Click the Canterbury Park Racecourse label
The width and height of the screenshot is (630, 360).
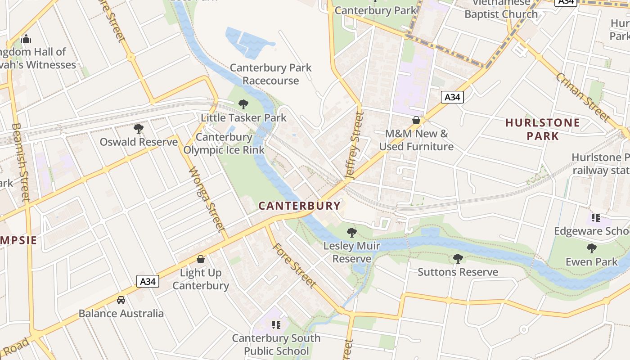pyautogui.click(x=270, y=74)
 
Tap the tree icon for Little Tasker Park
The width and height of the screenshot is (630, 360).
pyautogui.click(x=243, y=105)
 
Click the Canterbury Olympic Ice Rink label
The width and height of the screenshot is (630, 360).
pyautogui.click(x=224, y=144)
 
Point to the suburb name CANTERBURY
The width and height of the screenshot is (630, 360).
pyautogui.click(x=299, y=206)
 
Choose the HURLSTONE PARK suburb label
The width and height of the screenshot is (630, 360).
pyautogui.click(x=542, y=129)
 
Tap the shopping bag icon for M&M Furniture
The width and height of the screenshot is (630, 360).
pyautogui.click(x=416, y=121)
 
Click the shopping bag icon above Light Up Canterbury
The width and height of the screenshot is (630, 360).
pyautogui.click(x=201, y=260)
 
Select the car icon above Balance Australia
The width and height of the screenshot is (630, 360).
pyautogui.click(x=121, y=300)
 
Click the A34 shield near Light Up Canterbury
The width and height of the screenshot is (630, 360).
pyautogui.click(x=148, y=282)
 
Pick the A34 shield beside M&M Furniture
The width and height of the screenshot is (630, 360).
pyautogui.click(x=452, y=97)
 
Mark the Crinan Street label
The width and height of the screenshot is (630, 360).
pyautogui.click(x=582, y=97)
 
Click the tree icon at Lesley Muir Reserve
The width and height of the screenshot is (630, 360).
pyautogui.click(x=352, y=233)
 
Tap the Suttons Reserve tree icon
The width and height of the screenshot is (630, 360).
pyautogui.click(x=458, y=259)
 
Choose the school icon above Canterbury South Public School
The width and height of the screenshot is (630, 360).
pyautogui.click(x=276, y=324)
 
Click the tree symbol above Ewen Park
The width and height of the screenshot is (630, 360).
pyautogui.click(x=591, y=248)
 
